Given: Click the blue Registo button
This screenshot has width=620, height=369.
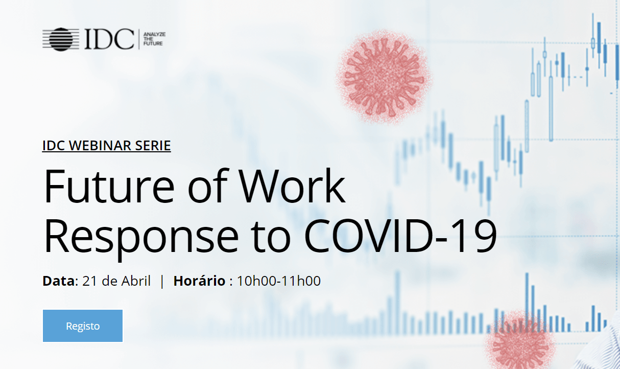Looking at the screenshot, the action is point(83,326).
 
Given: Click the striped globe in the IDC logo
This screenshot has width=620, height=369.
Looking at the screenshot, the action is point(61,39).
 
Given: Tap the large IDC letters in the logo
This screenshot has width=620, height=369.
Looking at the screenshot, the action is point(109,39).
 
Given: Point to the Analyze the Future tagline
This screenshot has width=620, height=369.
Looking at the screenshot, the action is point(154,39).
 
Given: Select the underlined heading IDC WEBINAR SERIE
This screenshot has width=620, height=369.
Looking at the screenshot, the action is point(107,146).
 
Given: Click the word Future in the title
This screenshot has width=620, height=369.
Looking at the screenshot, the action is point(109,186).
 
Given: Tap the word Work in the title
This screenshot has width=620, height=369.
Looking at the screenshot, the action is point(292,186).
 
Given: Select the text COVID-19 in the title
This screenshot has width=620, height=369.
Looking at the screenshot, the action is point(400,236).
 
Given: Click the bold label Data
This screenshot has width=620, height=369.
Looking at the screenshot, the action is point(59,281).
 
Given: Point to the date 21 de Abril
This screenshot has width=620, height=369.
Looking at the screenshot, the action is point(116,281).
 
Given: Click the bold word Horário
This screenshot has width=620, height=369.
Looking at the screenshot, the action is point(199,281).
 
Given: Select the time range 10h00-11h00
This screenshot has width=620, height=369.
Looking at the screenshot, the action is point(279,281).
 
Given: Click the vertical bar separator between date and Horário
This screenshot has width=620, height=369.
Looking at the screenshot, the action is point(162,282).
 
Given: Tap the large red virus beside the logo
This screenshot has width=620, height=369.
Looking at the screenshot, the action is point(384,77).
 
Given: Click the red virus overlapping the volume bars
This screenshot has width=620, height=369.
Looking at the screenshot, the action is point(520,341).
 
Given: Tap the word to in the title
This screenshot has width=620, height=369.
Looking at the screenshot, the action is point(271,238).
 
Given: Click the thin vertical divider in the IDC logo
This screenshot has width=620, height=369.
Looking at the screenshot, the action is point(139,39).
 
